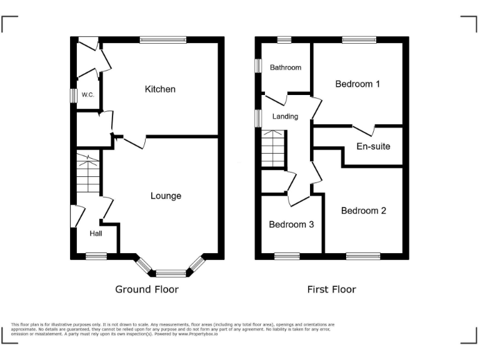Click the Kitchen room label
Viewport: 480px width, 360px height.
click(x=160, y=89)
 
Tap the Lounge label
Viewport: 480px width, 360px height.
click(x=166, y=196)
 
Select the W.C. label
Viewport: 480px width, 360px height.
click(x=87, y=95)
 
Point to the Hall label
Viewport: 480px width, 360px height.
click(x=96, y=233)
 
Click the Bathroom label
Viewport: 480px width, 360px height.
click(x=286, y=67)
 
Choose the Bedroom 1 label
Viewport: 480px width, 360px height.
click(x=358, y=84)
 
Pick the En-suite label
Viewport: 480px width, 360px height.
click(x=373, y=146)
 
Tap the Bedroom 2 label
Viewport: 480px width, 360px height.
click(x=363, y=211)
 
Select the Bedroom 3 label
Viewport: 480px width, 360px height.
click(x=291, y=224)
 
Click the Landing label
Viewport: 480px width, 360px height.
click(x=285, y=116)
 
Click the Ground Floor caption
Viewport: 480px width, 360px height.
click(x=147, y=289)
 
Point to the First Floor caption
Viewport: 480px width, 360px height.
click(x=331, y=289)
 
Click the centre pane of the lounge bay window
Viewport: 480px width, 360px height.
click(x=171, y=272)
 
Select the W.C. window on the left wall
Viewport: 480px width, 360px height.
click(x=72, y=95)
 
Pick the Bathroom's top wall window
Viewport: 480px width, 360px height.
click(x=284, y=40)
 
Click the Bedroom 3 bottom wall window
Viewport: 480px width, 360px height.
click(x=287, y=256)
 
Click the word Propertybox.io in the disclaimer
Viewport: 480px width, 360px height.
click(x=197, y=334)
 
